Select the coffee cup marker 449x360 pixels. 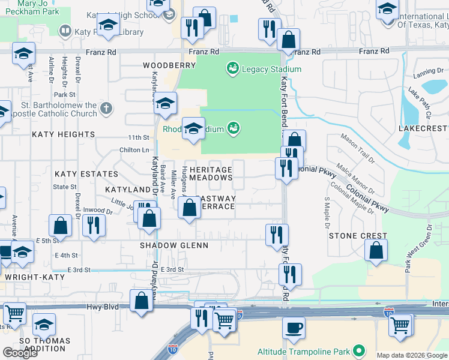[x=294, y=328]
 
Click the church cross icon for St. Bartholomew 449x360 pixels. [x=106, y=108]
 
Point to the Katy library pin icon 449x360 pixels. [x=65, y=31]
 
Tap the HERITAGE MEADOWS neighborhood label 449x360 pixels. [x=211, y=174]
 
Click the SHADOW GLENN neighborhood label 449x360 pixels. [x=174, y=245]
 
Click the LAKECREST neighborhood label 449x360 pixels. [x=424, y=128]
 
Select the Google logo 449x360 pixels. [x=20, y=353]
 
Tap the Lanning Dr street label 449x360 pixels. [x=428, y=73]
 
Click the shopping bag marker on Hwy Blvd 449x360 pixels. [x=141, y=301]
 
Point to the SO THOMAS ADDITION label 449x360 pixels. [x=44, y=345]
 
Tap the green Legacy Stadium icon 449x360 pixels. [x=232, y=69]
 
